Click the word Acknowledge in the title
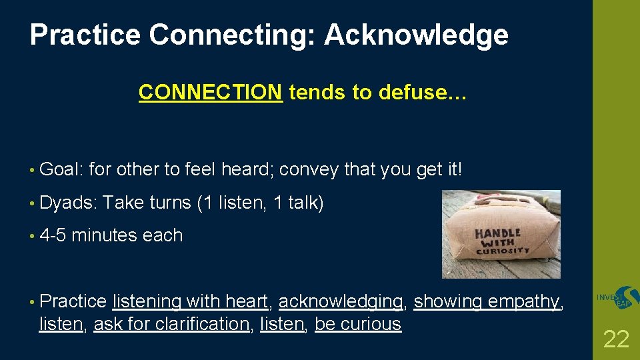pyautogui.click(x=416, y=35)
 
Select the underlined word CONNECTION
pyautogui.click(x=210, y=93)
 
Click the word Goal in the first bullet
pyautogui.click(x=60, y=170)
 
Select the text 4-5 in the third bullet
pyautogui.click(x=53, y=235)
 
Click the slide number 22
pyautogui.click(x=615, y=339)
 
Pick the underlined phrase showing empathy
pyautogui.click(x=487, y=302)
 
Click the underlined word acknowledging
pyautogui.click(x=340, y=302)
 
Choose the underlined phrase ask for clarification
pyautogui.click(x=171, y=324)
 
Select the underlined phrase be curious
pyautogui.click(x=358, y=324)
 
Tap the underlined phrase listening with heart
pyautogui.click(x=190, y=302)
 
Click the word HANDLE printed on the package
pyautogui.click(x=497, y=235)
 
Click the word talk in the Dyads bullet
pyautogui.click(x=305, y=203)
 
